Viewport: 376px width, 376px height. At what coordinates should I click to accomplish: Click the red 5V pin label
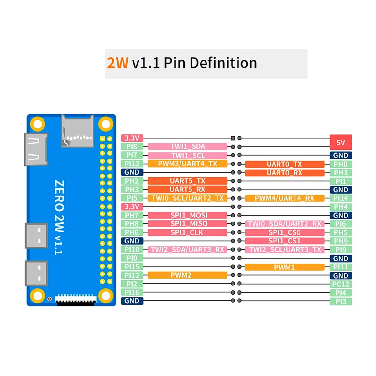pyautogui.click(x=341, y=143)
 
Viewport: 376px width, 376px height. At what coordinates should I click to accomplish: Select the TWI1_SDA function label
pyautogui.click(x=187, y=146)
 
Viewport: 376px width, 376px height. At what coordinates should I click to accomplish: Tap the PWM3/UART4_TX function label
pyautogui.click(x=187, y=164)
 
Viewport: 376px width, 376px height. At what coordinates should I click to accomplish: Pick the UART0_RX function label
pyautogui.click(x=285, y=173)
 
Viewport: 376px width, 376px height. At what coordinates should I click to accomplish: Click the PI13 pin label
pyautogui.click(x=132, y=164)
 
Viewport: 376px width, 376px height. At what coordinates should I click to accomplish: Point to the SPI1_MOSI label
pyautogui.click(x=187, y=215)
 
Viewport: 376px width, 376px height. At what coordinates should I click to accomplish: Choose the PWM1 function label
pyautogui.click(x=285, y=267)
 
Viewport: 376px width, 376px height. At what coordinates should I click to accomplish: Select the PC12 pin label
pyautogui.click(x=341, y=284)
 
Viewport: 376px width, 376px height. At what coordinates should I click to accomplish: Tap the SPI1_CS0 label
pyautogui.click(x=285, y=232)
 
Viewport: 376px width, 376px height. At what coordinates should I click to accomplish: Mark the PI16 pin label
pyautogui.click(x=132, y=292)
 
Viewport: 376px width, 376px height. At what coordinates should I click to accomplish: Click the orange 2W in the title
pyautogui.click(x=118, y=63)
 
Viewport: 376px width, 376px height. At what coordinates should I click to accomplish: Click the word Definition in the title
pyautogui.click(x=223, y=63)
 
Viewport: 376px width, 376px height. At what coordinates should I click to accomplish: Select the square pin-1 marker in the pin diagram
pyautogui.click(x=233, y=138)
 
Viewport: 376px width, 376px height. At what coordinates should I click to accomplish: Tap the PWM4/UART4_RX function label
pyautogui.click(x=285, y=198)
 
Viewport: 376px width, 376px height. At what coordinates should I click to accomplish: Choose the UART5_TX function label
pyautogui.click(x=187, y=181)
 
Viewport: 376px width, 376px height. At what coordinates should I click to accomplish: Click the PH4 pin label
pyautogui.click(x=341, y=207)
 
